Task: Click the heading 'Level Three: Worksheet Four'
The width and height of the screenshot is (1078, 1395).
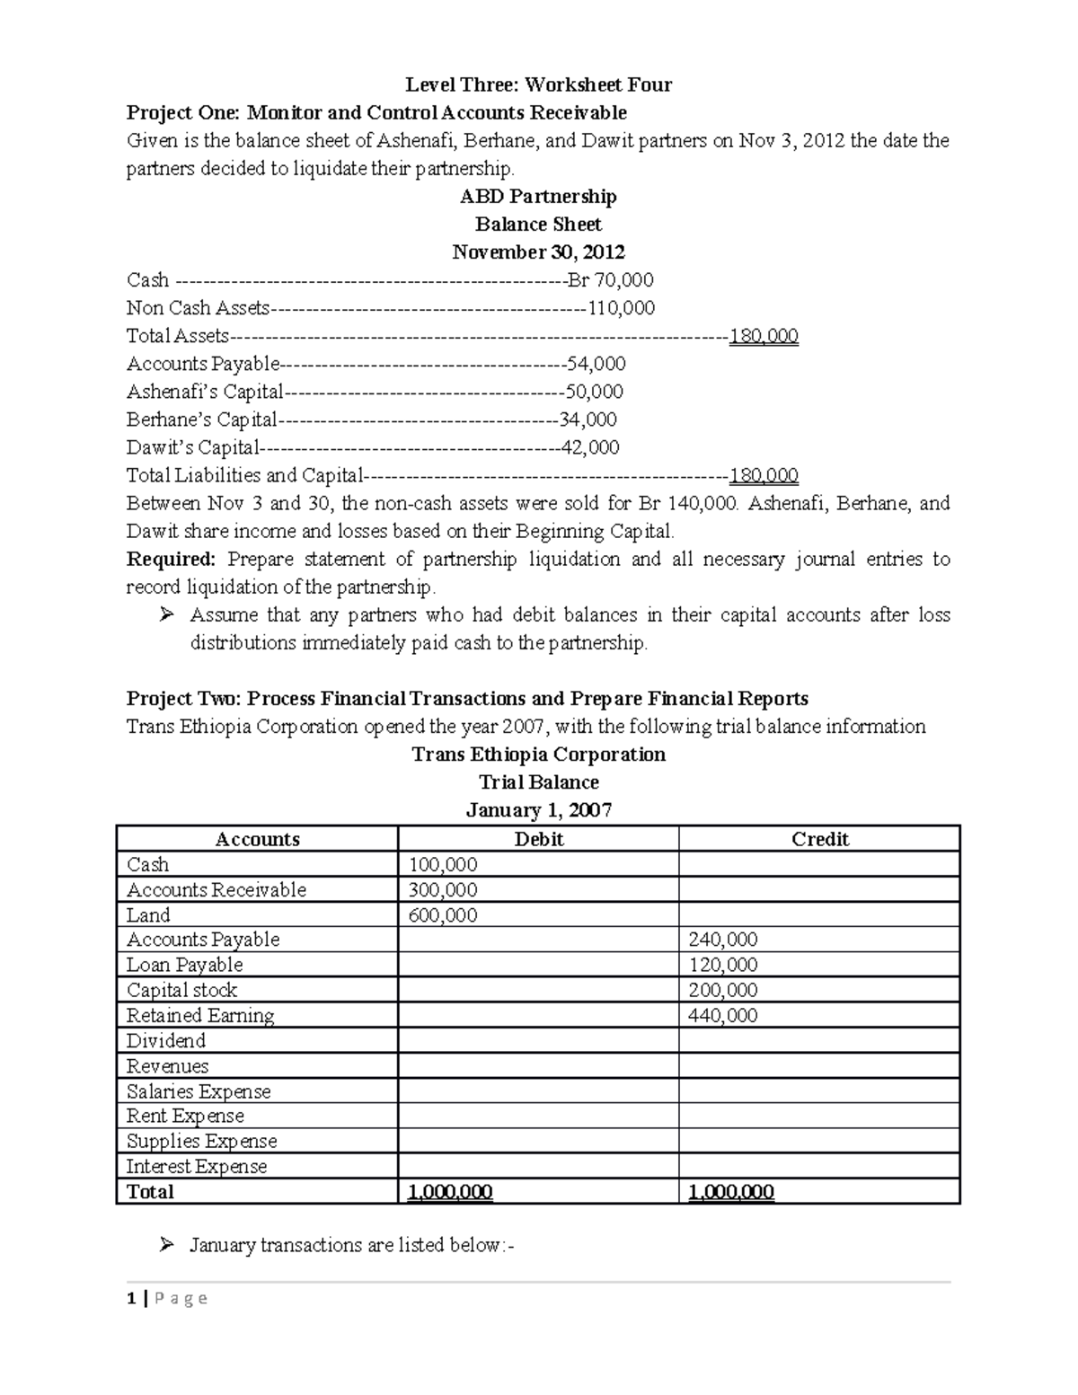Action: [x=538, y=85]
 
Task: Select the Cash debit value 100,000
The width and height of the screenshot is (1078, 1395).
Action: [x=443, y=865]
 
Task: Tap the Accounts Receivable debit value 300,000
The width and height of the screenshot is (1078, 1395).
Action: [x=443, y=890]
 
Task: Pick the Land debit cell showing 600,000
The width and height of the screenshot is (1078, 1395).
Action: [x=443, y=915]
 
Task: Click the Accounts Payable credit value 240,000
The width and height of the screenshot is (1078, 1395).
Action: [x=722, y=940]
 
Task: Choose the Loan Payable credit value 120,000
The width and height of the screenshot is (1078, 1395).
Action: [x=722, y=965]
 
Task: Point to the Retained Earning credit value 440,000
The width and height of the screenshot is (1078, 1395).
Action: [x=722, y=1016]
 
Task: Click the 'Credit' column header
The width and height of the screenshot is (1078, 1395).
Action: [x=819, y=839]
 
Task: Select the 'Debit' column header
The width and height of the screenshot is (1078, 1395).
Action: [x=538, y=839]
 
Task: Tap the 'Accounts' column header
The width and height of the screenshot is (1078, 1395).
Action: [x=257, y=839]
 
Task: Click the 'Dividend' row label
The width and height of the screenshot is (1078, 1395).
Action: [x=166, y=1041]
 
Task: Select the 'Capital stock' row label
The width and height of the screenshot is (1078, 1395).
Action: [x=181, y=990]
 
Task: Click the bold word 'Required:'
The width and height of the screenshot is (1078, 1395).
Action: [x=171, y=560]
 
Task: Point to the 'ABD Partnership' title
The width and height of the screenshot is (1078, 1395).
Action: [x=538, y=197]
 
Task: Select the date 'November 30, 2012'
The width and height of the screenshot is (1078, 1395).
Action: [x=538, y=252]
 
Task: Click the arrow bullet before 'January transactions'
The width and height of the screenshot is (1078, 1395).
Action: [x=166, y=1245]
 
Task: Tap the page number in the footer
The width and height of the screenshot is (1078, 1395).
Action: [x=131, y=1298]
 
